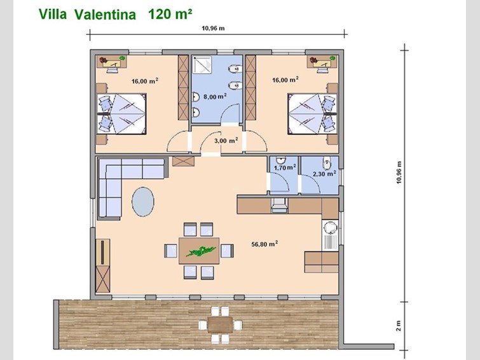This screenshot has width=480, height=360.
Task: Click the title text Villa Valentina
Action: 87,15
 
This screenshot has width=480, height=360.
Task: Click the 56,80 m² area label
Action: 264,244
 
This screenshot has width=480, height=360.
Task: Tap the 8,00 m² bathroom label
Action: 215,97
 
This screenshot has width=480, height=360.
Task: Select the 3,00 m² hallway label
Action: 226,141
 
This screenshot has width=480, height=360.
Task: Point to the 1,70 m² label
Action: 285,167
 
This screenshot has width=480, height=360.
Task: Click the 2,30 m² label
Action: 324,174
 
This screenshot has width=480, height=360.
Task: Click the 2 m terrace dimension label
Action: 398,326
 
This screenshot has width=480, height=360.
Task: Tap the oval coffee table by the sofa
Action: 143,202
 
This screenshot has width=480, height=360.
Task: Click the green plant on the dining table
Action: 198,251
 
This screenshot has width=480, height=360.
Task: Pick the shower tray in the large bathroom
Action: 202,65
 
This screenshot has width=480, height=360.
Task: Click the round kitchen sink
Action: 331,228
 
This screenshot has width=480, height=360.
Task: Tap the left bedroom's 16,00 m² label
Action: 145,81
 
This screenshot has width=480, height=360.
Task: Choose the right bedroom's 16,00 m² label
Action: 285,80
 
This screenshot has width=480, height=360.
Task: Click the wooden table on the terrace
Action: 220,325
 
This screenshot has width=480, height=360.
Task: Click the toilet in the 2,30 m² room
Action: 327,163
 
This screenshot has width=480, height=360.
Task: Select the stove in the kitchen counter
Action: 279,205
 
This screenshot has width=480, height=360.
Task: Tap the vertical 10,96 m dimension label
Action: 398,172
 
